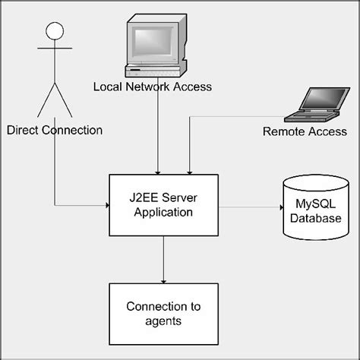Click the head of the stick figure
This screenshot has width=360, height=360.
(x=53, y=31)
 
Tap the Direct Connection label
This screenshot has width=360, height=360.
(x=54, y=130)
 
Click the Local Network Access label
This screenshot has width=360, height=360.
(x=152, y=87)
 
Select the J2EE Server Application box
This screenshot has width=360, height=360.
(x=164, y=205)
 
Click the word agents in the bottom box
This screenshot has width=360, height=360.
(x=164, y=321)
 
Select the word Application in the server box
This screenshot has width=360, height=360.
(x=163, y=212)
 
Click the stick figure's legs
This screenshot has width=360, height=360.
(x=53, y=99)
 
